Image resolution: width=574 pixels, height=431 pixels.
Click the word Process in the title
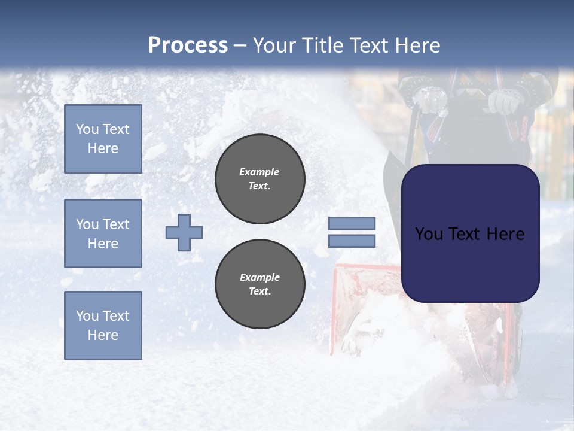[x=188, y=45]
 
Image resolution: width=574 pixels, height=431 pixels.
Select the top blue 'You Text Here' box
[x=103, y=139]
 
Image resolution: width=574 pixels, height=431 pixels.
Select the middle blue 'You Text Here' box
[x=103, y=233]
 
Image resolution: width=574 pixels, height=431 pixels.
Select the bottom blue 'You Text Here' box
[x=103, y=325]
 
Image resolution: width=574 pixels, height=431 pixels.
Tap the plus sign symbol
[x=184, y=232]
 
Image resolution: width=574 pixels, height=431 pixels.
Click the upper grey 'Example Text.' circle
[x=259, y=178]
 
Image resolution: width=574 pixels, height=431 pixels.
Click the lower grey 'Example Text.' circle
[x=259, y=284]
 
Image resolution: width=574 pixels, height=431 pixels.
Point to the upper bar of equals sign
[x=352, y=223]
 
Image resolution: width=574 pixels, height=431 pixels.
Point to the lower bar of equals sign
[x=352, y=241]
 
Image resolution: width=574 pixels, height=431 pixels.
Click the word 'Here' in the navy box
[x=506, y=234]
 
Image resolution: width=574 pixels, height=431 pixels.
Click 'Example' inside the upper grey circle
[x=259, y=172]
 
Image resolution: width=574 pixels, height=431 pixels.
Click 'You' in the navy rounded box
[x=428, y=234]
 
